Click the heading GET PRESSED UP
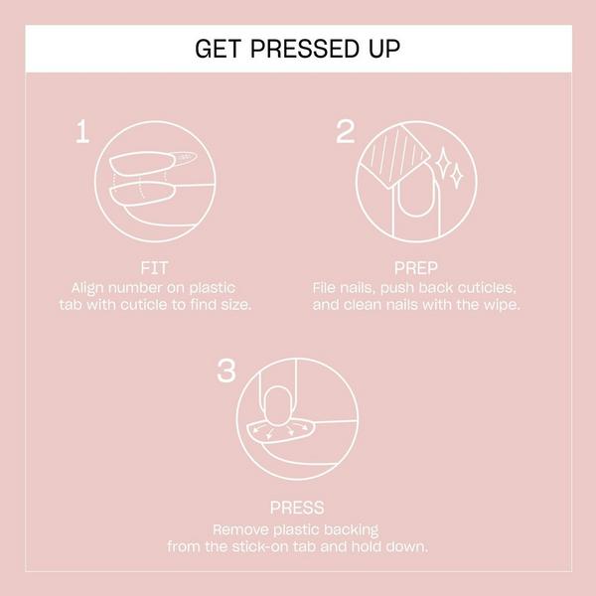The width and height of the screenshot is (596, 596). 298,49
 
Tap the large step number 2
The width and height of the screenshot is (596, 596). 346,132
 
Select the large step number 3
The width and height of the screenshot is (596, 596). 226,372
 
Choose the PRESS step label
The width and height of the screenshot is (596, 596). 297,508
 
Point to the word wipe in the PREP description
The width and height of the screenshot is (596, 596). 502,303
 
